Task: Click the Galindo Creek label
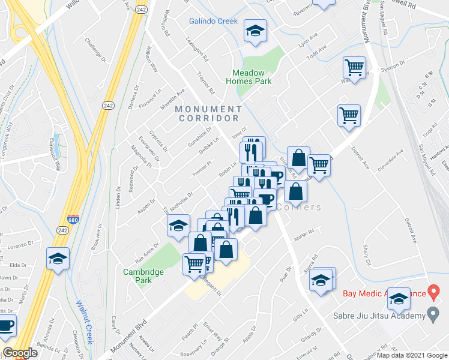click(x=213, y=21)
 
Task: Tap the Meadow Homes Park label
click(x=249, y=77)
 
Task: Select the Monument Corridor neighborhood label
click(x=209, y=113)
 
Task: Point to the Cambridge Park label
click(x=143, y=276)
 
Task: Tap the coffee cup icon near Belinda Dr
click(x=6, y=326)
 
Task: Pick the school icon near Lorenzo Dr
click(x=58, y=258)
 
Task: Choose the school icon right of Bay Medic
click(x=399, y=298)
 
